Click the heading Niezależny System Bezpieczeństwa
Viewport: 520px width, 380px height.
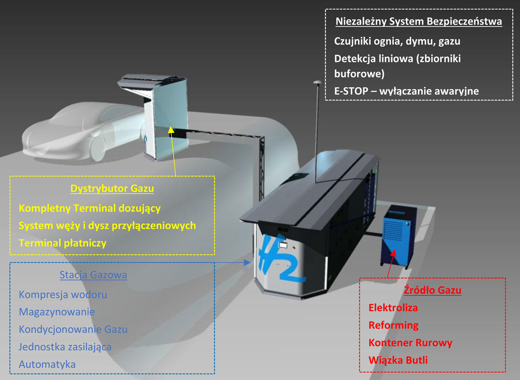[418, 21]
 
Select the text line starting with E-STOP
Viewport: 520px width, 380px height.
[406, 91]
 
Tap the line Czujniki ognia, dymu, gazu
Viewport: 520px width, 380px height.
[397, 41]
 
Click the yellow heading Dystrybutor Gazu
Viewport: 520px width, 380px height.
[112, 189]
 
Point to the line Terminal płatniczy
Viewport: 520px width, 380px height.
[63, 243]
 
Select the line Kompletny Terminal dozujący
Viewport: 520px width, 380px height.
[90, 208]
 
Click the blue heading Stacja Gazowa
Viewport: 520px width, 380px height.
[93, 275]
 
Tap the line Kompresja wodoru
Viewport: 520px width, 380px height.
[63, 295]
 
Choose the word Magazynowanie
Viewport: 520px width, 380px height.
[57, 312]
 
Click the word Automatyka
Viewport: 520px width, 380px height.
[47, 364]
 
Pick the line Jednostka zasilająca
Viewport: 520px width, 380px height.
[65, 347]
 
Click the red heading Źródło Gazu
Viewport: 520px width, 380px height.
[432, 290]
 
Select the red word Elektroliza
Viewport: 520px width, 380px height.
[393, 308]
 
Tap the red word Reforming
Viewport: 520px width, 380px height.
[393, 325]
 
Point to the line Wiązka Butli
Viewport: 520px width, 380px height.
[398, 360]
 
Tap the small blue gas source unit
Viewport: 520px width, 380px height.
[398, 238]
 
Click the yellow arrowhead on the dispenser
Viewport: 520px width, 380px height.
[171, 130]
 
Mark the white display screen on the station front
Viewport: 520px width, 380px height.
[283, 245]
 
